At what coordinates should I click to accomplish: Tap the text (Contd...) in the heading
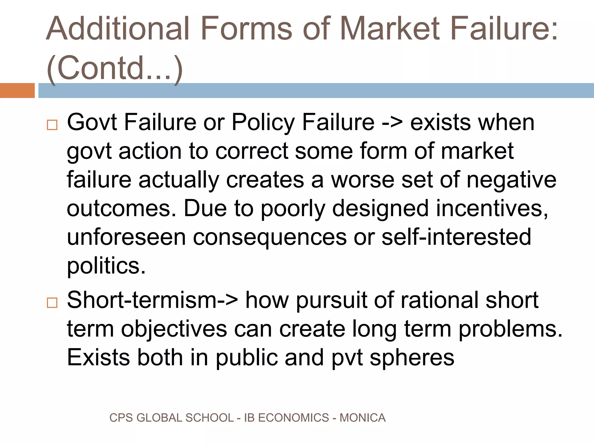click(x=115, y=68)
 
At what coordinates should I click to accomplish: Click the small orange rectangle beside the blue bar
click(x=17, y=90)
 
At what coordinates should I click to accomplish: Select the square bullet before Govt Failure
click(x=52, y=125)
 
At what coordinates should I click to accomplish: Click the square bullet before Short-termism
click(x=52, y=303)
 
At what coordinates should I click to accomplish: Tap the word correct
click(x=252, y=151)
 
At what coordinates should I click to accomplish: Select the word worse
click(x=363, y=180)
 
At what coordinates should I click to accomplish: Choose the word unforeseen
click(x=126, y=237)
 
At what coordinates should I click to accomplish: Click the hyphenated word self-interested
click(x=456, y=237)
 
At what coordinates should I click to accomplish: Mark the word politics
click(x=106, y=266)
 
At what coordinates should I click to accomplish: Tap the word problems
click(x=510, y=329)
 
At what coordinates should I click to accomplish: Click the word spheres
click(x=412, y=358)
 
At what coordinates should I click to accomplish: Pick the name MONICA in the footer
click(x=363, y=418)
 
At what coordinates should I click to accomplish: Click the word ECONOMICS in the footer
click(x=294, y=418)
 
